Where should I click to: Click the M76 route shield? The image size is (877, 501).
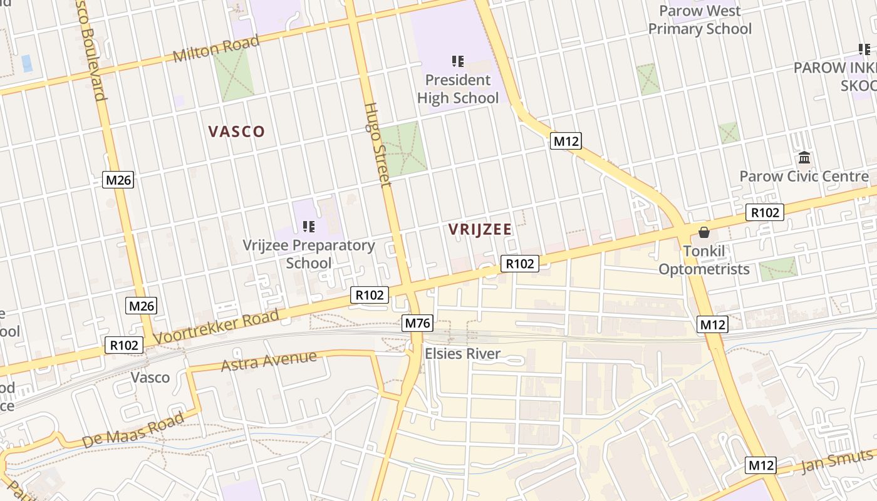(417, 323)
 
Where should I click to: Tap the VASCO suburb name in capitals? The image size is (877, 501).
(237, 132)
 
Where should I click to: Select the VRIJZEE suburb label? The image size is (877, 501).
(480, 230)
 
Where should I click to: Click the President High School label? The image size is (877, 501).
(458, 89)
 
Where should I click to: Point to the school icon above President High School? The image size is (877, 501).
(458, 61)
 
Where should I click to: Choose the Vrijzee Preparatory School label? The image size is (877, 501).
(309, 254)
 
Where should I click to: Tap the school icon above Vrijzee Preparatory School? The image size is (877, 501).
(309, 226)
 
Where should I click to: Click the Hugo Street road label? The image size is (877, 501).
(377, 144)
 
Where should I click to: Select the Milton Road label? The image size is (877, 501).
(216, 49)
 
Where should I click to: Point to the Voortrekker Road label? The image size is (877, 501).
(216, 327)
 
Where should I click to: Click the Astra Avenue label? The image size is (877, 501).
(269, 361)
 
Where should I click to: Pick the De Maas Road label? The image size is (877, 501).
(133, 429)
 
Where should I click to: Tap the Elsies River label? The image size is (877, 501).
(463, 354)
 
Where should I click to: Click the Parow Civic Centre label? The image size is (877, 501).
(804, 176)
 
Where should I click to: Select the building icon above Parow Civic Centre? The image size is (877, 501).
(804, 157)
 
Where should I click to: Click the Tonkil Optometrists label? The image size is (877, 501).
(704, 261)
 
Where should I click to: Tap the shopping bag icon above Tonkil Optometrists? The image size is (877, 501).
(704, 232)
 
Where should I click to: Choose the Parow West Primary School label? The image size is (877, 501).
(700, 20)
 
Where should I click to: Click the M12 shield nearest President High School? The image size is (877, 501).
(566, 141)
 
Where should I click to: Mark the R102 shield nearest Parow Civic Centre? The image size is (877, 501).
(765, 212)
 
